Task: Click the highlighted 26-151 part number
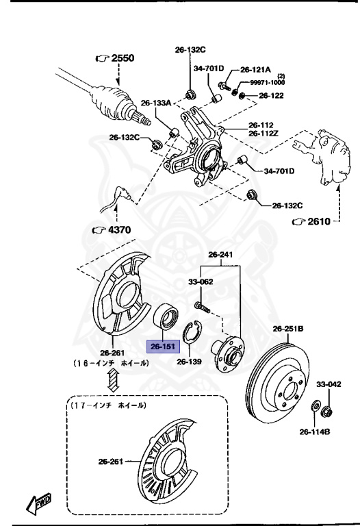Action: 164,347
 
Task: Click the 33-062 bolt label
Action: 201,281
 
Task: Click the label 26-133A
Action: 156,103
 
